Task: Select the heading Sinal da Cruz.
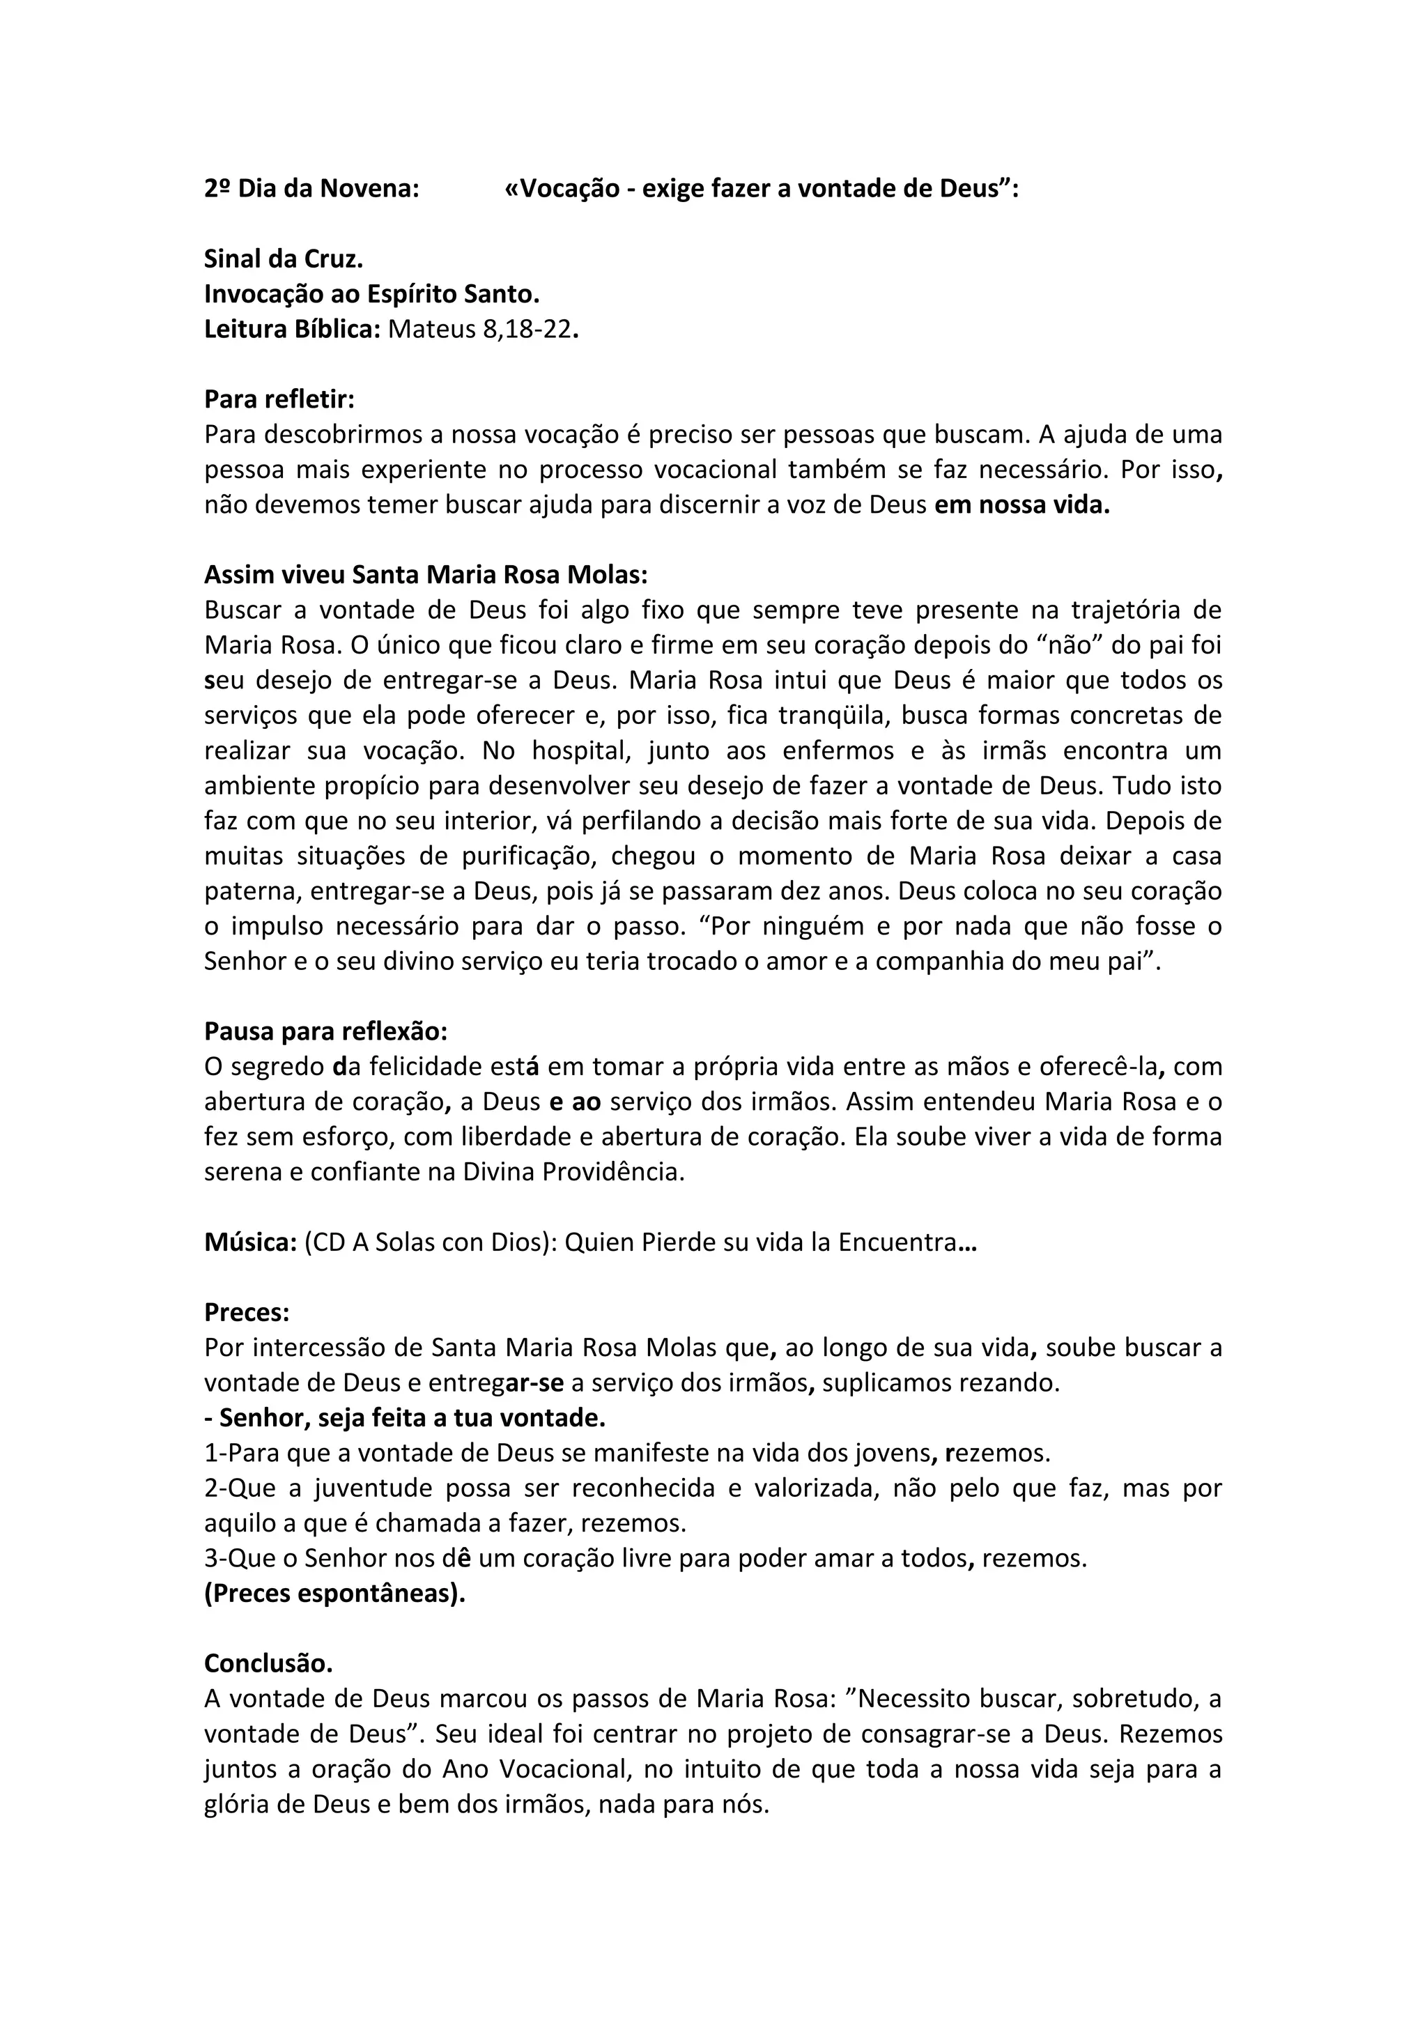(283, 259)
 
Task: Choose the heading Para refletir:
(279, 399)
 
